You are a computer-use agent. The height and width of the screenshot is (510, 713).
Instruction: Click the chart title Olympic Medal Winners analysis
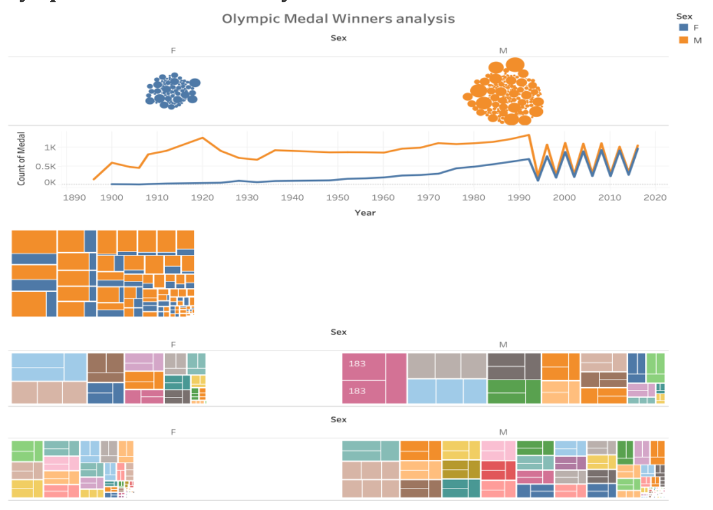pos(339,18)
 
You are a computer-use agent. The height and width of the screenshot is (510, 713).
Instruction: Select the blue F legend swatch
pos(684,27)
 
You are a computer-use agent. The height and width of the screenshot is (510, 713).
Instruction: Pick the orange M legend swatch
pos(684,40)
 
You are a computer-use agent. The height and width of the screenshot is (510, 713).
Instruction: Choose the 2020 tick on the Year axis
pos(655,197)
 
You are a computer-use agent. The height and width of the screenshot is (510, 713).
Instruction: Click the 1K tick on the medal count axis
pos(50,148)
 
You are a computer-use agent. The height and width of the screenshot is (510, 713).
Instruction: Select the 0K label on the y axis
pos(50,183)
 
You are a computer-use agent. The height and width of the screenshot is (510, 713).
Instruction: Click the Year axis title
pos(365,213)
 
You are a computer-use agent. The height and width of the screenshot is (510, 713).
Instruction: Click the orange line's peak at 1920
pos(202,138)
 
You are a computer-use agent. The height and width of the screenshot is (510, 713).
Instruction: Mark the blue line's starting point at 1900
pos(112,184)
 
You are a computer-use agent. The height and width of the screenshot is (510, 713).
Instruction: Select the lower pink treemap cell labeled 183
pos(363,391)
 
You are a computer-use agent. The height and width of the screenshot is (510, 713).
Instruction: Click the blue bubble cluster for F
pos(171,91)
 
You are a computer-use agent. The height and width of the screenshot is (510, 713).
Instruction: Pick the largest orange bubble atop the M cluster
pos(515,65)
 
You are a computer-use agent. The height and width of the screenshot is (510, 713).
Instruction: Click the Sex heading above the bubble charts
pos(339,38)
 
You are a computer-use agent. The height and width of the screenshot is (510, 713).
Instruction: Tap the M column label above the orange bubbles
pos(503,51)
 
